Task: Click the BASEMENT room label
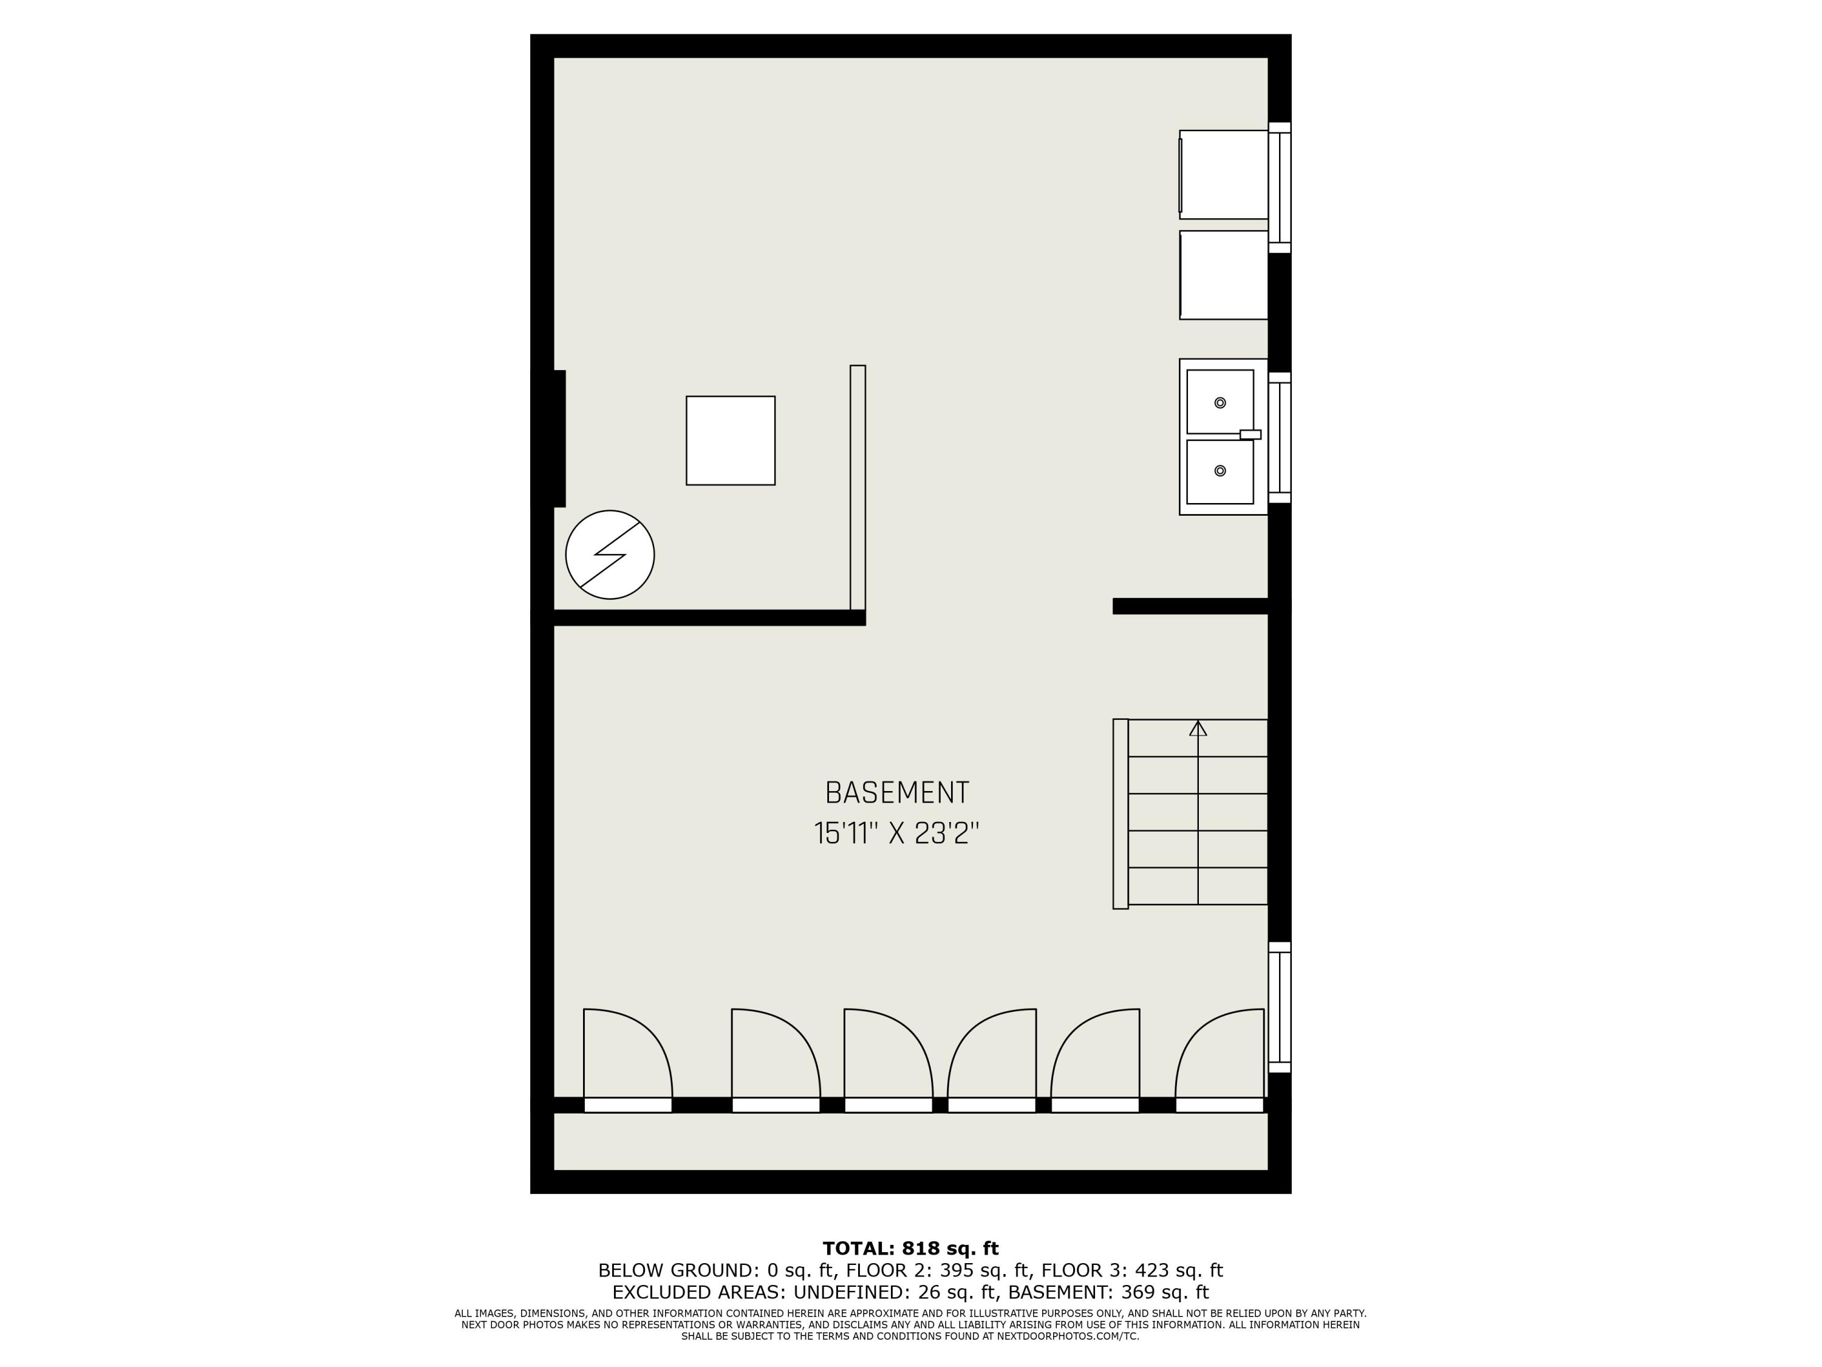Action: (897, 793)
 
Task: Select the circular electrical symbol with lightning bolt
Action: (610, 555)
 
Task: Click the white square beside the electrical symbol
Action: (730, 441)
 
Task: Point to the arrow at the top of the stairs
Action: (1198, 728)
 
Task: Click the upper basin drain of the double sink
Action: (1220, 403)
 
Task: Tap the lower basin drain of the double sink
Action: (1220, 470)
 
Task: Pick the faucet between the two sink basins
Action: (1249, 434)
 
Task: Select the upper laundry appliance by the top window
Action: (1223, 175)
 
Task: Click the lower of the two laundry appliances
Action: (1223, 275)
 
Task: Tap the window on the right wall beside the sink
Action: (1279, 437)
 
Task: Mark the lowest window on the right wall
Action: (1279, 1007)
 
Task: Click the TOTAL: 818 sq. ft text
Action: (910, 1249)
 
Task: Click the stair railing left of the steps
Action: (1120, 814)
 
